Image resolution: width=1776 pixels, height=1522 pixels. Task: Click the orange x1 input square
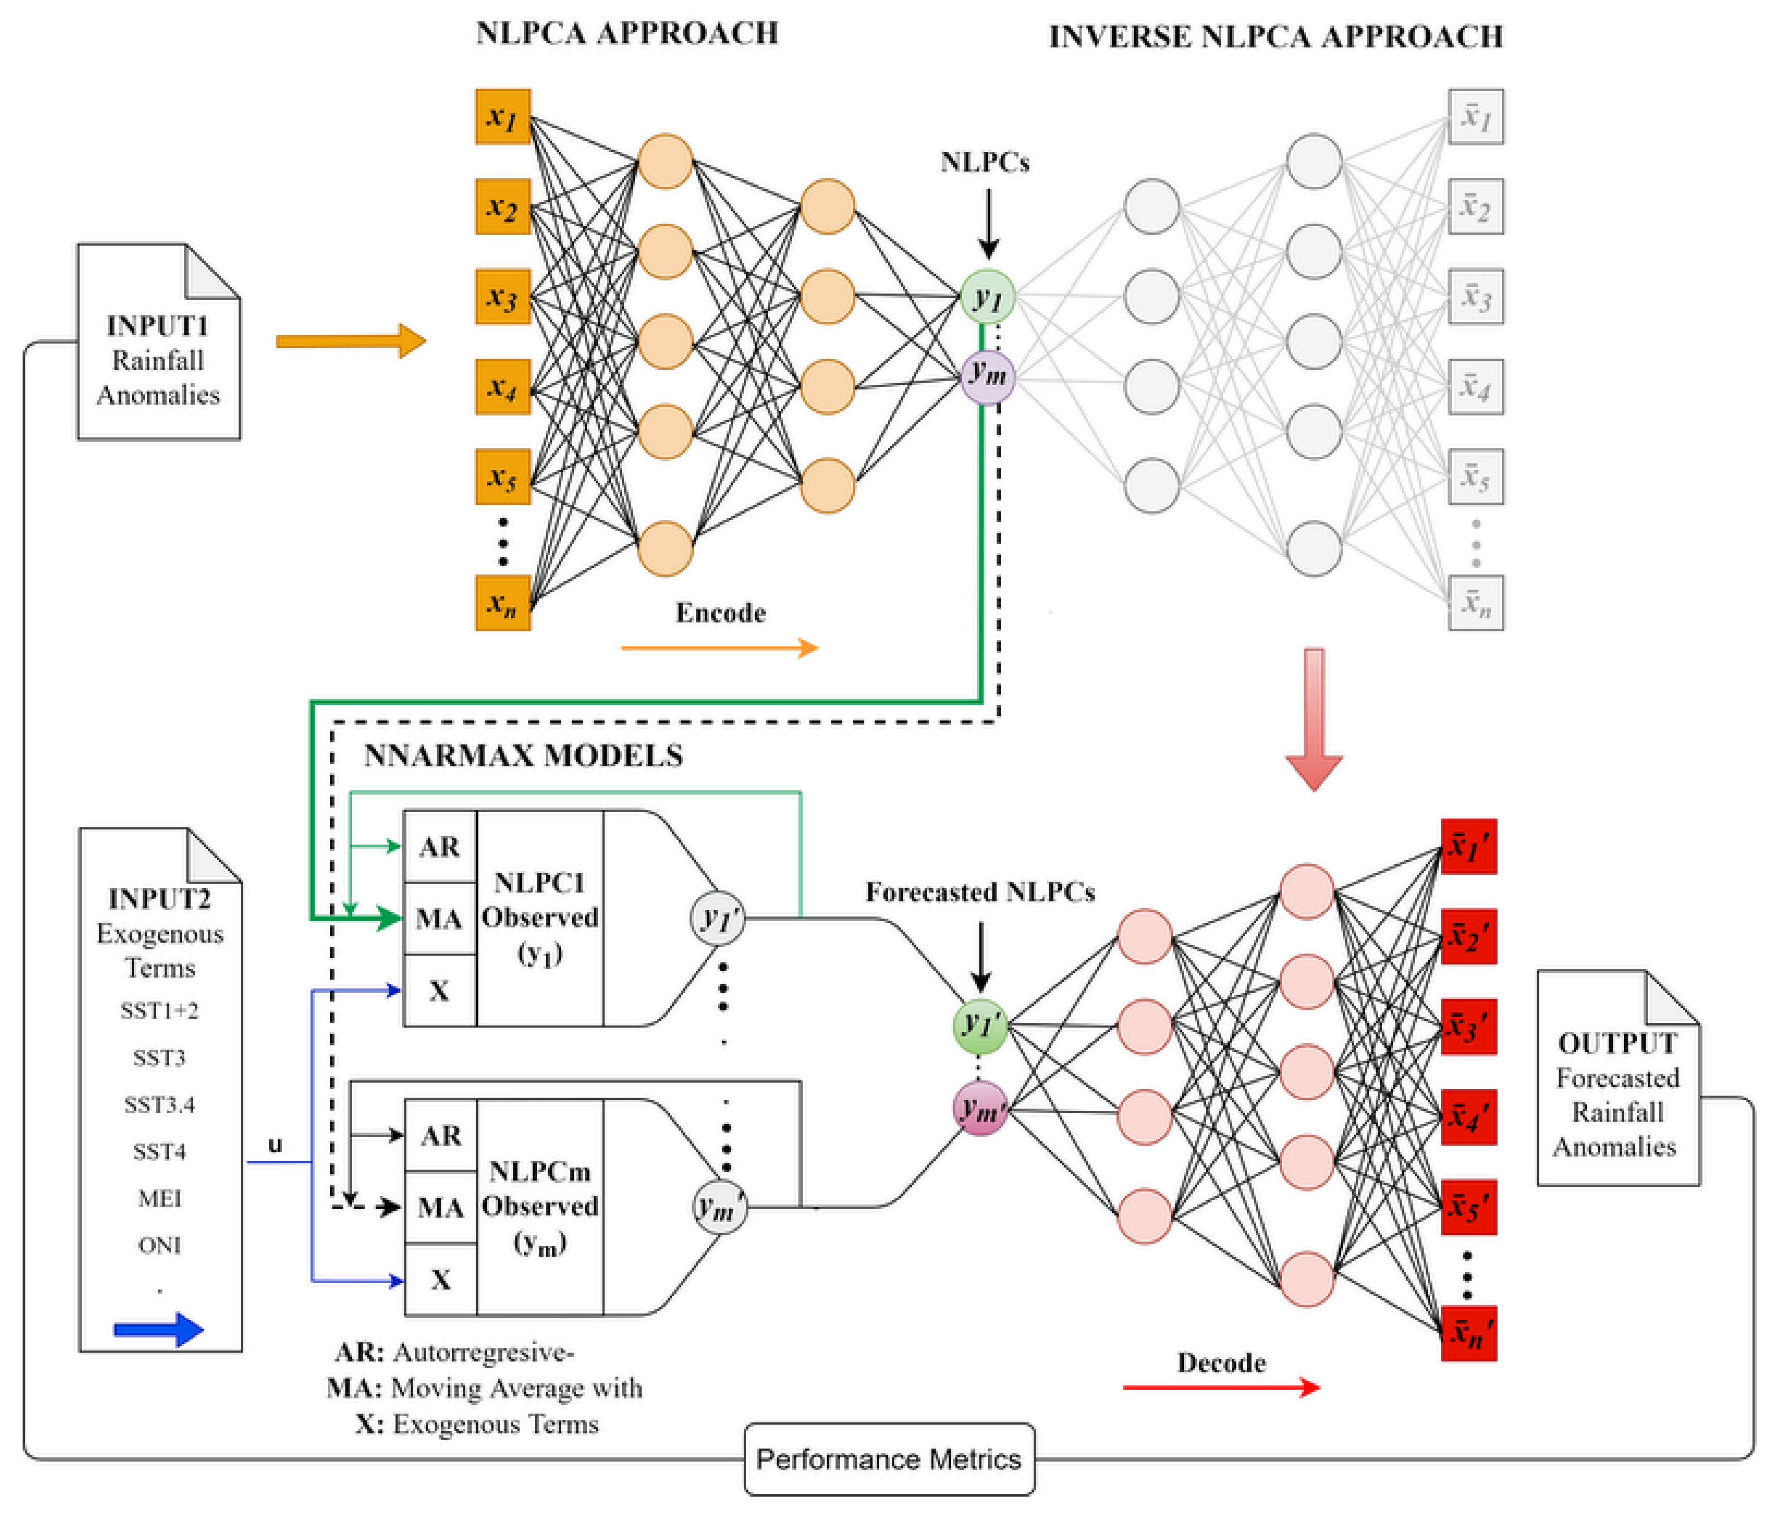click(x=503, y=117)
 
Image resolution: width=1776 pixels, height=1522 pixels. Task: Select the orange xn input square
click(x=503, y=603)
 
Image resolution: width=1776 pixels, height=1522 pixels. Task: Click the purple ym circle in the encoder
click(x=988, y=375)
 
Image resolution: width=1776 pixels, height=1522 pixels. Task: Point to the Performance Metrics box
click(x=889, y=1458)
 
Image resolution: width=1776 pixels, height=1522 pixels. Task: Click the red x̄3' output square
click(x=1468, y=1027)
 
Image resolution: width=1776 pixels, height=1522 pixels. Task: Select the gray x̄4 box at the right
click(x=1475, y=387)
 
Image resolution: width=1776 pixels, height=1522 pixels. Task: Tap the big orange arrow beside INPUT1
click(x=350, y=341)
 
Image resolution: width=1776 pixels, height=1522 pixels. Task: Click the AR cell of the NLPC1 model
click(x=440, y=847)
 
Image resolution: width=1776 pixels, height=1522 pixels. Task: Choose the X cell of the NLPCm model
click(x=440, y=1280)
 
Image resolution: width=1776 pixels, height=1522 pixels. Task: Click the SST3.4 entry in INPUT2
click(x=159, y=1105)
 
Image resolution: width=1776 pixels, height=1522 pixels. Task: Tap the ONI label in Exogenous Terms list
click(x=159, y=1245)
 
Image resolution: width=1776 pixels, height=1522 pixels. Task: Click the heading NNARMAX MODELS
click(x=524, y=756)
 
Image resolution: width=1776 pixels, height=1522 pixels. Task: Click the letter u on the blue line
click(x=275, y=1145)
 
